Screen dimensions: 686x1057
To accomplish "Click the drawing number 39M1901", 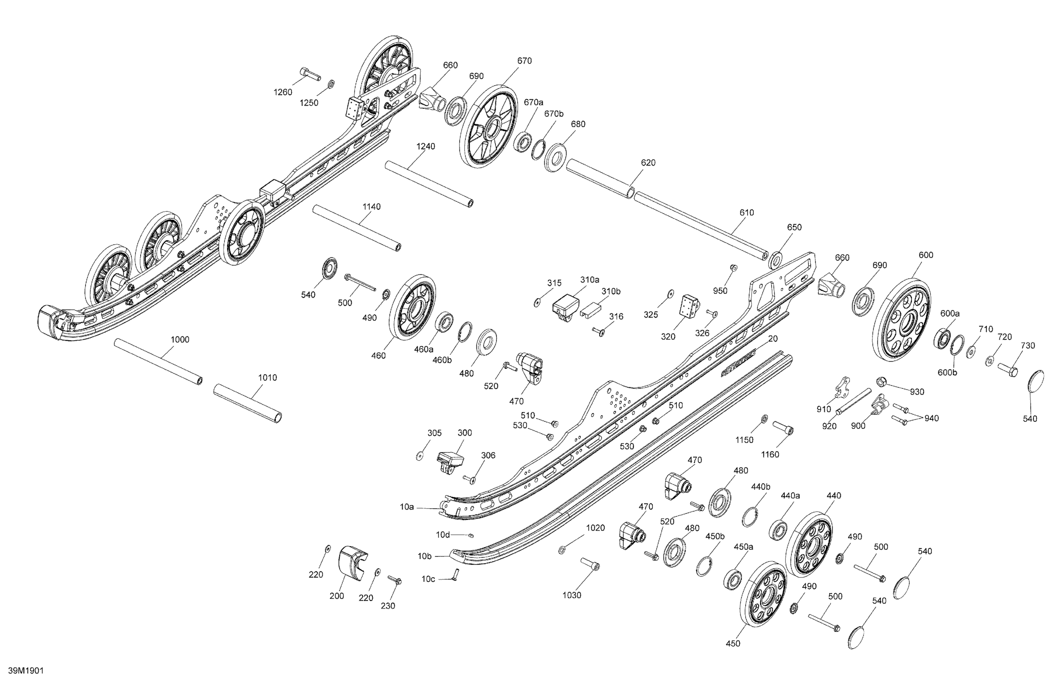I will (26, 670).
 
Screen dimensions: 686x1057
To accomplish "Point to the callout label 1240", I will (426, 146).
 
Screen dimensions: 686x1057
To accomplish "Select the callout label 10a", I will (406, 506).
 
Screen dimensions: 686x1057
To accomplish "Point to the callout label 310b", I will (611, 291).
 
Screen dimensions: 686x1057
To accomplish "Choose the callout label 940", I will (931, 418).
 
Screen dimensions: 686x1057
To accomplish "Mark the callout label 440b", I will (760, 487).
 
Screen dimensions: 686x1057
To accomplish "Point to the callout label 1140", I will (371, 206).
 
